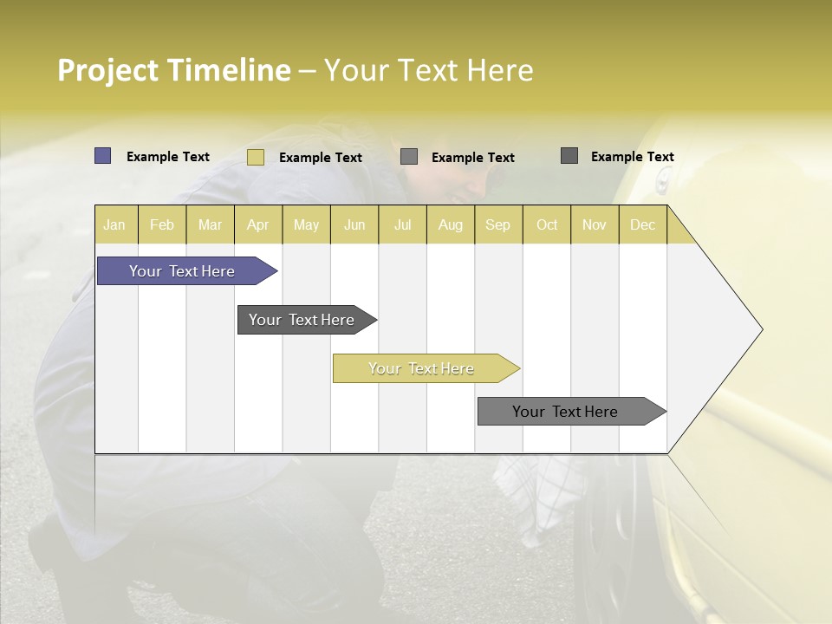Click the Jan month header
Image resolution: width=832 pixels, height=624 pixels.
point(115,224)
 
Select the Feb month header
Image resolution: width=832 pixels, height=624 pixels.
point(162,224)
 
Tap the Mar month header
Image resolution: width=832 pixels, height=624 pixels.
point(210,224)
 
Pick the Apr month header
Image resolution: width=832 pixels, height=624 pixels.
point(258,224)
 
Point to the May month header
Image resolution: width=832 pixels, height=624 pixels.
point(306,224)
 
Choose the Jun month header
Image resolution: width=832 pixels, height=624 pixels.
point(354,224)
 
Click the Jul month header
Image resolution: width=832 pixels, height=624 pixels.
point(402,224)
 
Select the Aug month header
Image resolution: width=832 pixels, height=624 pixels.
point(451,224)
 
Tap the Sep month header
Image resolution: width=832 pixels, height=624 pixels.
point(498,224)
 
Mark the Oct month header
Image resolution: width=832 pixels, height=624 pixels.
point(547,224)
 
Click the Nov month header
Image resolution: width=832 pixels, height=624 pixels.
point(595,224)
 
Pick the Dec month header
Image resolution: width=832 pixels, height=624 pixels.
point(643,224)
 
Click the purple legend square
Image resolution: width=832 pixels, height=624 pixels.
point(103,156)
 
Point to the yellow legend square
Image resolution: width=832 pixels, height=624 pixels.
point(256,157)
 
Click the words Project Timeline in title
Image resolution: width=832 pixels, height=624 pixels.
point(174,70)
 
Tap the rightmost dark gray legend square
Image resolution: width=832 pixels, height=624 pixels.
point(569,156)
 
